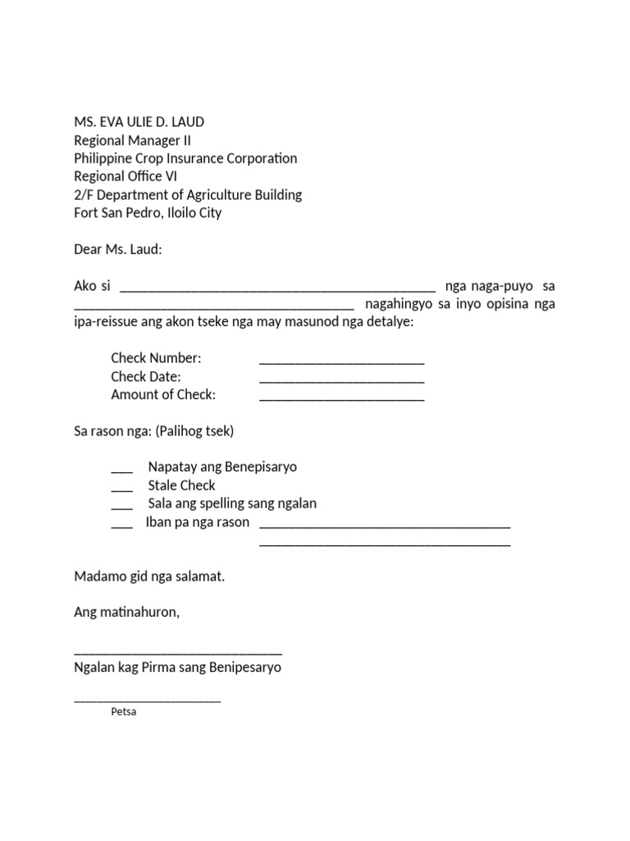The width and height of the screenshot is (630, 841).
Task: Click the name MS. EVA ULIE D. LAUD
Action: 139,122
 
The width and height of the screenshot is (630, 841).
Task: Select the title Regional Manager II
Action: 133,140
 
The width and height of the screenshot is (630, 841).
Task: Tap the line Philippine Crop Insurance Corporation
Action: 185,159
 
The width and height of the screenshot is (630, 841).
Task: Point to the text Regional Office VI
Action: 126,177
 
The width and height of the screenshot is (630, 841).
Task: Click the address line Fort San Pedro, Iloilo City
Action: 148,213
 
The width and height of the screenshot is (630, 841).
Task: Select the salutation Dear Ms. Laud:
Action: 118,249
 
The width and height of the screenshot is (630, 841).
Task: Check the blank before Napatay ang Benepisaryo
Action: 121,470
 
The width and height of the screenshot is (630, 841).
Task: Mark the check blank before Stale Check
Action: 121,488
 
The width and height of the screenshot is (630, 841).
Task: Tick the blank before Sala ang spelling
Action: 121,506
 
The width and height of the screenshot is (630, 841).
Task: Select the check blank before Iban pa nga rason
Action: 121,525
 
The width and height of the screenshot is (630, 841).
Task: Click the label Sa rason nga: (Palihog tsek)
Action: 153,430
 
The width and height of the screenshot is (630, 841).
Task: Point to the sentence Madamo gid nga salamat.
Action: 149,577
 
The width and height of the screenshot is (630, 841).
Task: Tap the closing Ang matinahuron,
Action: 126,613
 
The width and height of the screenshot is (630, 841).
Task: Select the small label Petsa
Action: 123,712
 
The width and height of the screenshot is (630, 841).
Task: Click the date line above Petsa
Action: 147,701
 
